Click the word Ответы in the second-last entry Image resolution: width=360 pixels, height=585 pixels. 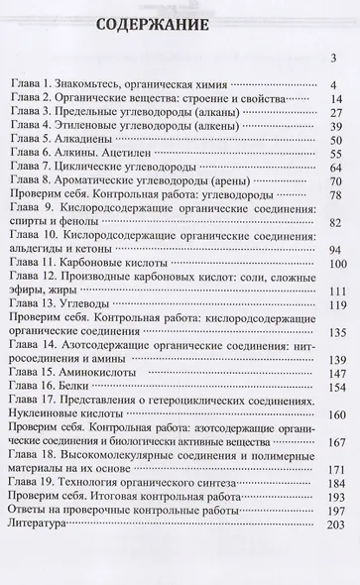tap(35, 535)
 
